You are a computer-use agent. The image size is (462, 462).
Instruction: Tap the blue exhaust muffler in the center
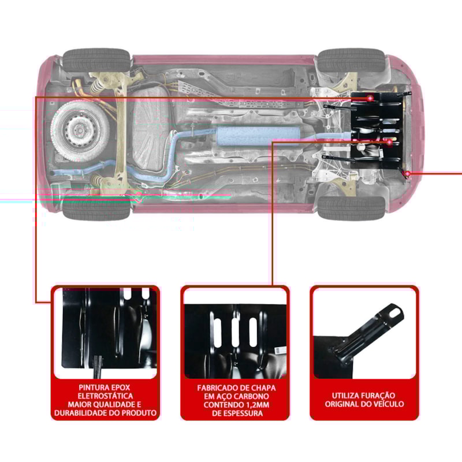(x=258, y=137)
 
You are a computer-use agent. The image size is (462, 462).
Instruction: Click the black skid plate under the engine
(x=378, y=130)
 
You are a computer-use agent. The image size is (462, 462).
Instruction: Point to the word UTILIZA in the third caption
(x=348, y=396)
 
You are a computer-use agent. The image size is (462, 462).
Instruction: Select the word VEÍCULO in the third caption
(x=387, y=404)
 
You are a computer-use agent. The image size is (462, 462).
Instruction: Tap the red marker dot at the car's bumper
(x=408, y=173)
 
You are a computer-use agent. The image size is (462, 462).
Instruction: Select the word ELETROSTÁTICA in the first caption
(x=105, y=396)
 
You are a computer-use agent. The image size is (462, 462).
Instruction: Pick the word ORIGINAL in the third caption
(x=342, y=404)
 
